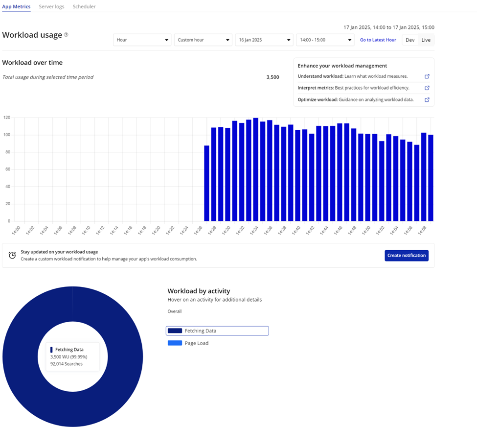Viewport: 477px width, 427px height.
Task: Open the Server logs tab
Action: (x=51, y=7)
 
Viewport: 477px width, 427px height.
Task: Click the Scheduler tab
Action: (x=84, y=7)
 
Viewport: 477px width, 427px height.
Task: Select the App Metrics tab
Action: (x=16, y=7)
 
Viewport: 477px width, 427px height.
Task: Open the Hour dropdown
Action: (x=142, y=40)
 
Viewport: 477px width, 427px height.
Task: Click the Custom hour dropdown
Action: (x=203, y=40)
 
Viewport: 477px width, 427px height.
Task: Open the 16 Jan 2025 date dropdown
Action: (x=264, y=40)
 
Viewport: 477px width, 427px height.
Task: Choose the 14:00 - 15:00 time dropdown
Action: (x=325, y=40)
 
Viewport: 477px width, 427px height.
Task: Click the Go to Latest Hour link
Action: (x=378, y=40)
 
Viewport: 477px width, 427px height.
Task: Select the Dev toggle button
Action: (x=410, y=40)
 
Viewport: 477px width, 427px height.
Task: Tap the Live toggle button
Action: (x=426, y=40)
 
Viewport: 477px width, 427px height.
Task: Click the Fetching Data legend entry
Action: (x=217, y=331)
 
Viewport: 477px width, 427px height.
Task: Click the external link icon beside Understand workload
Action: (x=427, y=76)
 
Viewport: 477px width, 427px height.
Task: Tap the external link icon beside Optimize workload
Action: (x=427, y=100)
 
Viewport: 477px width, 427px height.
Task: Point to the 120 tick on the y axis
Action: (x=7, y=118)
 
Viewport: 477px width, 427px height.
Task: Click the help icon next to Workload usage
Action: (x=66, y=35)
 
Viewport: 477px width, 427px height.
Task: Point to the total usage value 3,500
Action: (x=273, y=77)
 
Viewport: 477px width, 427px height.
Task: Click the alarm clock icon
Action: (x=12, y=255)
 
